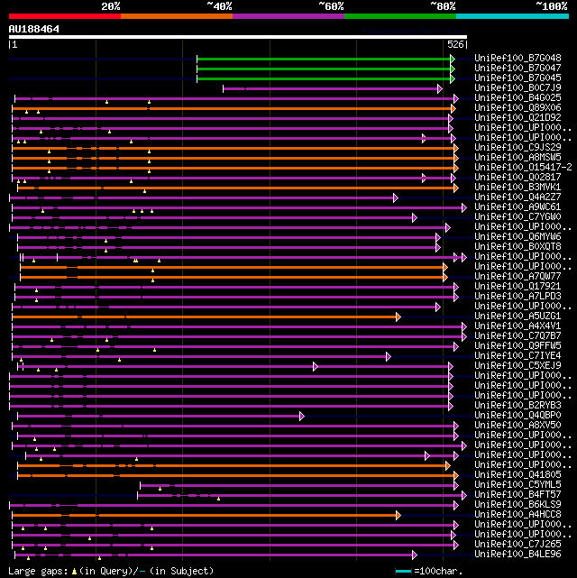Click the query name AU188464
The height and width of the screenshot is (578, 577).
34,29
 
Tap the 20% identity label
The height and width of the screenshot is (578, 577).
111,6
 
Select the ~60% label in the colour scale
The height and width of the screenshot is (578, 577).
331,6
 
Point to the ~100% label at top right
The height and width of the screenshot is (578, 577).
551,6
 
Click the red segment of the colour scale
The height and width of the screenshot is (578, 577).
64,15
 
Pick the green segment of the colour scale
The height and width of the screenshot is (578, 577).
399,15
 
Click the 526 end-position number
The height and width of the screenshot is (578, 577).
455,43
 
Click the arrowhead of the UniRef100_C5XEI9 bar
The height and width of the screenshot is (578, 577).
316,366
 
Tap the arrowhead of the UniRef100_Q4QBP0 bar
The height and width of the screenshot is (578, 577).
302,416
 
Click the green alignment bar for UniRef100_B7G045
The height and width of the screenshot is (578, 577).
325,78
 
